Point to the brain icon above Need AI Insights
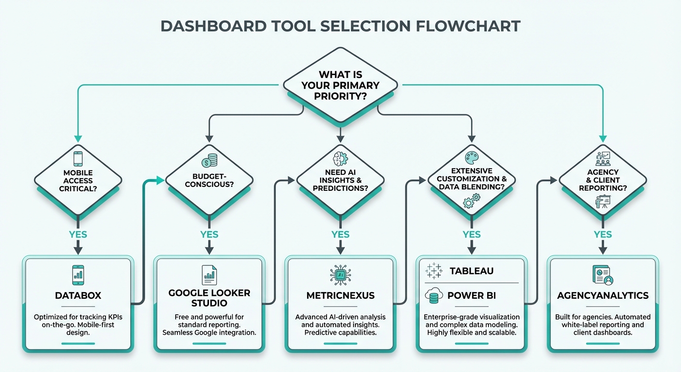[x=340, y=159]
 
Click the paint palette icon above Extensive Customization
[x=471, y=158]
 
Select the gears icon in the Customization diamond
[x=471, y=200]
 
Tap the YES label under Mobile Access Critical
[x=78, y=235]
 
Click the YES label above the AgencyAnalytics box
[x=603, y=235]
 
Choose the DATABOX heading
[x=78, y=295]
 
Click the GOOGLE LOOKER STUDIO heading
[x=209, y=298]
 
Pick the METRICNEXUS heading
[x=340, y=295]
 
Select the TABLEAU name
[x=471, y=271]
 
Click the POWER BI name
[x=471, y=295]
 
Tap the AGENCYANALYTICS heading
[x=603, y=295]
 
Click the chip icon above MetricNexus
[x=340, y=275]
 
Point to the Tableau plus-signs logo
[x=434, y=271]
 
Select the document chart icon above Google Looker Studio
[x=209, y=275]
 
